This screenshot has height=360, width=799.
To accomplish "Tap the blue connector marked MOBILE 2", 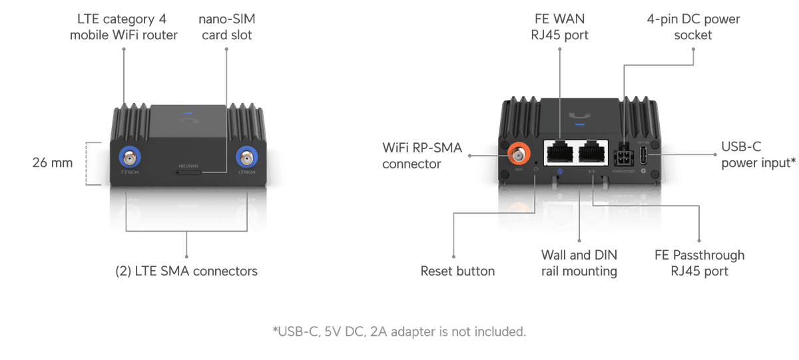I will click(129, 158).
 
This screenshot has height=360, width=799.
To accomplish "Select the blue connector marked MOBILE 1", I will click(247, 158).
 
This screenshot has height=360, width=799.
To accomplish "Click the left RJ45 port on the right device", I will click(559, 154).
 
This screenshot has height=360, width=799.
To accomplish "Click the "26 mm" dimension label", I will click(53, 162).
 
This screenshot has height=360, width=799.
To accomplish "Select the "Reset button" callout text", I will click(457, 271).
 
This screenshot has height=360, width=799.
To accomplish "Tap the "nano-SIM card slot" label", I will click(226, 27).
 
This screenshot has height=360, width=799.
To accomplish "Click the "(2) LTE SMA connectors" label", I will click(186, 271).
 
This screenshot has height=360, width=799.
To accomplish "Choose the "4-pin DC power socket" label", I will click(693, 27).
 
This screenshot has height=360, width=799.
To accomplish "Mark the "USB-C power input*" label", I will click(758, 154).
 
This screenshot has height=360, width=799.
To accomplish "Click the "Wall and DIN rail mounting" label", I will click(579, 263).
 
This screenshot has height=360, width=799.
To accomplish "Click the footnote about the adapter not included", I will click(399, 331).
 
